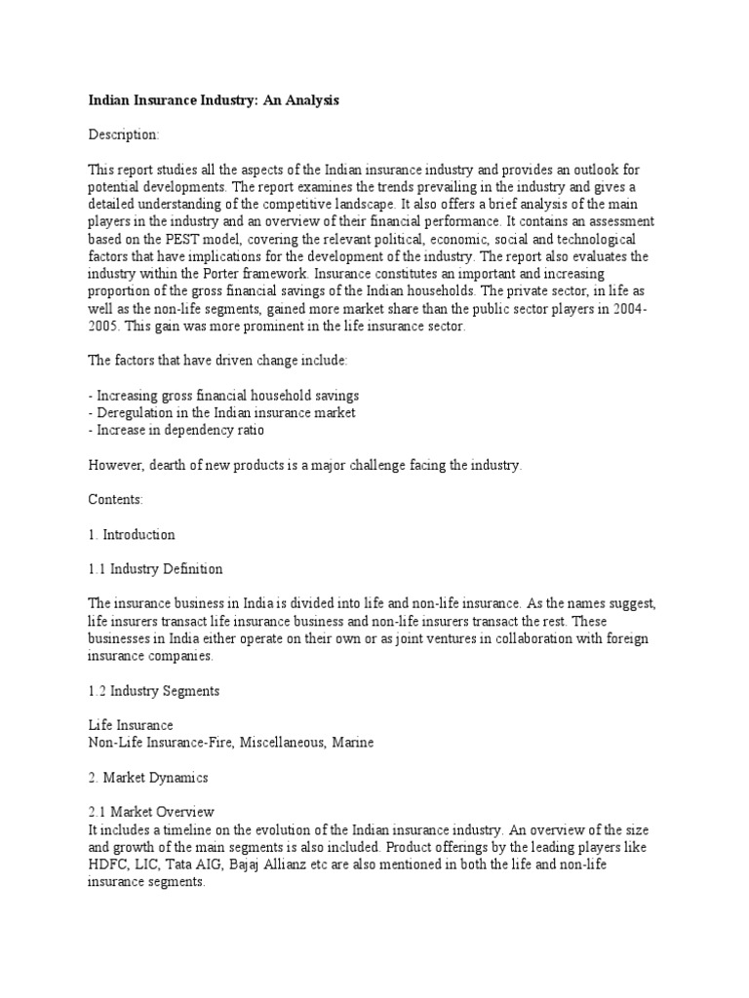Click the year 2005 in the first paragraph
point(105,326)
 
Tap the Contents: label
point(116,499)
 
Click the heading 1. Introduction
point(132,534)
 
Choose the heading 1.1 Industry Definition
point(155,568)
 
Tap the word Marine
point(354,742)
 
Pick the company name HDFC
point(106,864)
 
